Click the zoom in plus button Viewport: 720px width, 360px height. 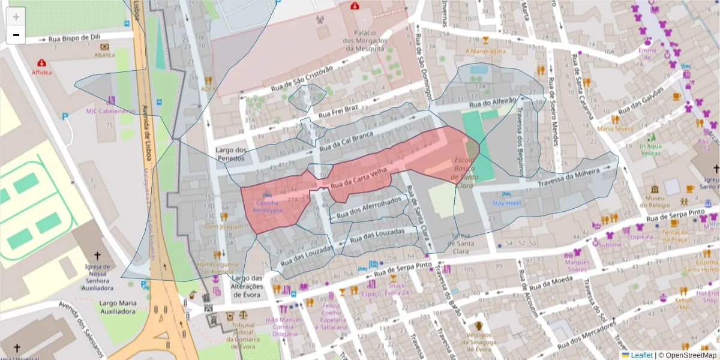16,17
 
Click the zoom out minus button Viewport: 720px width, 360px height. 16,35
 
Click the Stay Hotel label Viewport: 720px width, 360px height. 506,203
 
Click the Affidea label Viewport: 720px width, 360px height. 41,72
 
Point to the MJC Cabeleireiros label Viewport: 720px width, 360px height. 110,111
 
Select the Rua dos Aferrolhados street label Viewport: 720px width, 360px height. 368,207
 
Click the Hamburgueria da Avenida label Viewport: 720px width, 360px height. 217,268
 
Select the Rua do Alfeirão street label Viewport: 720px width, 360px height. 493,103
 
